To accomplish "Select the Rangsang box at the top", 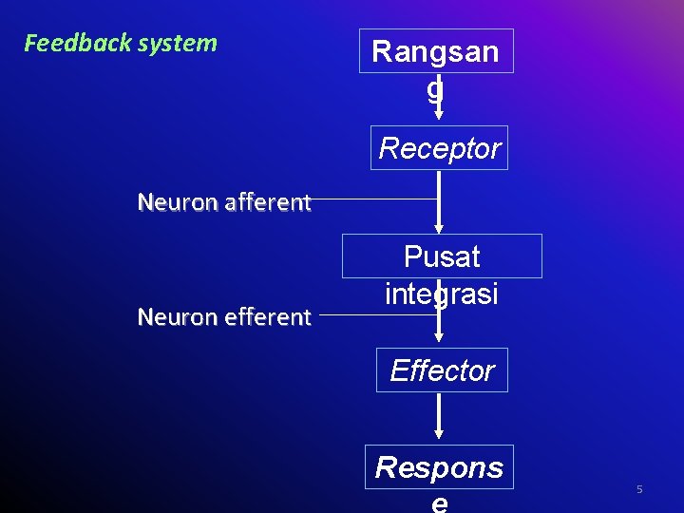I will point(436,51).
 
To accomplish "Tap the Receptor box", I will point(439,148).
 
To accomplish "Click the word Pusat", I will point(442,256).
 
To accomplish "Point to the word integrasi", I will point(442,293).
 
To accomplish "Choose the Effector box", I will point(442,370).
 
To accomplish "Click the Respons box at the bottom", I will point(439,467).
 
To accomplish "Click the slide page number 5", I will point(639,489).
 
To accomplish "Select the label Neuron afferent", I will point(224,202).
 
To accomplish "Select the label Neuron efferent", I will point(224,317).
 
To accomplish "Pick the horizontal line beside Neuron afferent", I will point(375,199).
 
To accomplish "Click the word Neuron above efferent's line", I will point(170,317).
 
